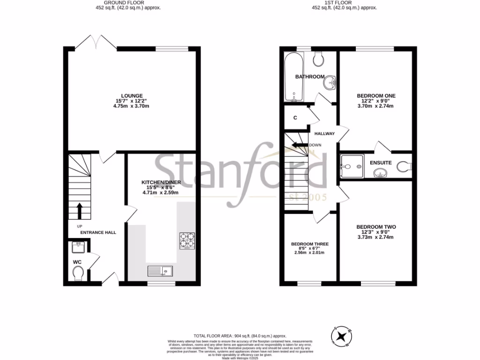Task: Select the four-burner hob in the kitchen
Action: (187, 240)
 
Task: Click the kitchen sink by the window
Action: (160, 270)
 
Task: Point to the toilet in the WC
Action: (78, 272)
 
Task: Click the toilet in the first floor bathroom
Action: (319, 59)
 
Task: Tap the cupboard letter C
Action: (295, 118)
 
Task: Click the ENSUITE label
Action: (381, 163)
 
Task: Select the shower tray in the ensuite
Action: (351, 164)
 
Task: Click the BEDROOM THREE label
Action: (310, 244)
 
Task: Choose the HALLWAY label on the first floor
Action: (324, 134)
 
